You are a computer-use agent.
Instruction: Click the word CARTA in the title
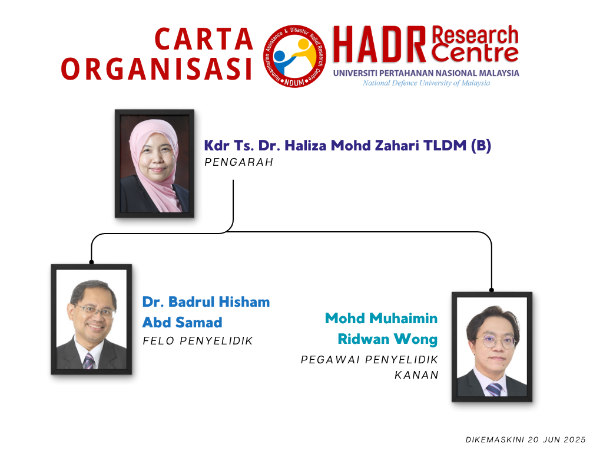tap(203, 40)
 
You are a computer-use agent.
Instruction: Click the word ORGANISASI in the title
tap(157, 70)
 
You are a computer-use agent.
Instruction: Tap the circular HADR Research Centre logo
tap(294, 56)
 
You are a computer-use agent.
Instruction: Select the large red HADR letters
tap(379, 44)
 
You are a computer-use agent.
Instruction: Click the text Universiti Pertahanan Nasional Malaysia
tap(426, 73)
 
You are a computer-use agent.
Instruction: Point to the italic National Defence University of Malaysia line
tap(426, 83)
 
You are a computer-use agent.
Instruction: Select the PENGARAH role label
tap(239, 162)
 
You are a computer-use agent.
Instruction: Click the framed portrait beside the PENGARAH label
tap(155, 164)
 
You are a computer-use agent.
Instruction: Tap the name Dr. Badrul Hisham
tap(206, 302)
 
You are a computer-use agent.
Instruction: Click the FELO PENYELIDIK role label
tap(198, 341)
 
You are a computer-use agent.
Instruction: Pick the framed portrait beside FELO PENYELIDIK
tap(91, 319)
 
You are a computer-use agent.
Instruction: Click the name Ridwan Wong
tap(387, 339)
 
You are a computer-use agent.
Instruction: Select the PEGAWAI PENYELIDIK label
tap(370, 360)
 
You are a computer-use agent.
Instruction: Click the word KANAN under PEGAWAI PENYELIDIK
tap(416, 375)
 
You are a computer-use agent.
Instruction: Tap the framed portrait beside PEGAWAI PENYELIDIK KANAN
tap(492, 347)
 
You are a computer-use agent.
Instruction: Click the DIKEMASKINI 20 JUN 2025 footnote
tap(526, 440)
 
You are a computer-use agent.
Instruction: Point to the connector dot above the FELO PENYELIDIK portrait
tap(91, 262)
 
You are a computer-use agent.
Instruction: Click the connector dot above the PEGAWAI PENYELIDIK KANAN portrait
tap(492, 290)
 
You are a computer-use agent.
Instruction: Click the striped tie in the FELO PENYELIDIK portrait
tap(88, 362)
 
